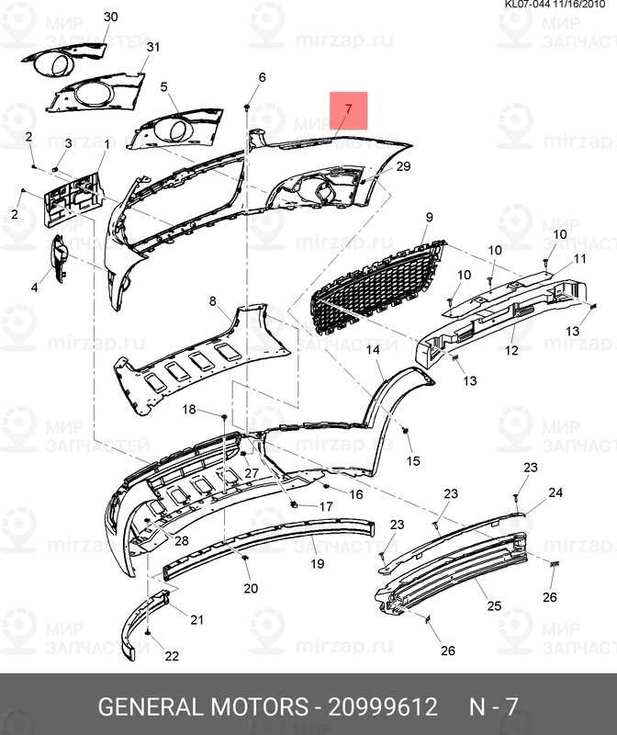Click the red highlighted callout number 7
pos(348,110)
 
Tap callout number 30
pos(110,17)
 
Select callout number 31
pos(152,47)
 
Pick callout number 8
pos(212,301)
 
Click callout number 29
pos(403,166)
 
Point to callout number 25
pos(494,606)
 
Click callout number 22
pos(172,656)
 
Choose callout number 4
pos(35,288)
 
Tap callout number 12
pos(512,350)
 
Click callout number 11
pos(579,260)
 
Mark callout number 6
pos(262,77)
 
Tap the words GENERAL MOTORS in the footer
pos(202,707)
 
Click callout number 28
pos(180,540)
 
